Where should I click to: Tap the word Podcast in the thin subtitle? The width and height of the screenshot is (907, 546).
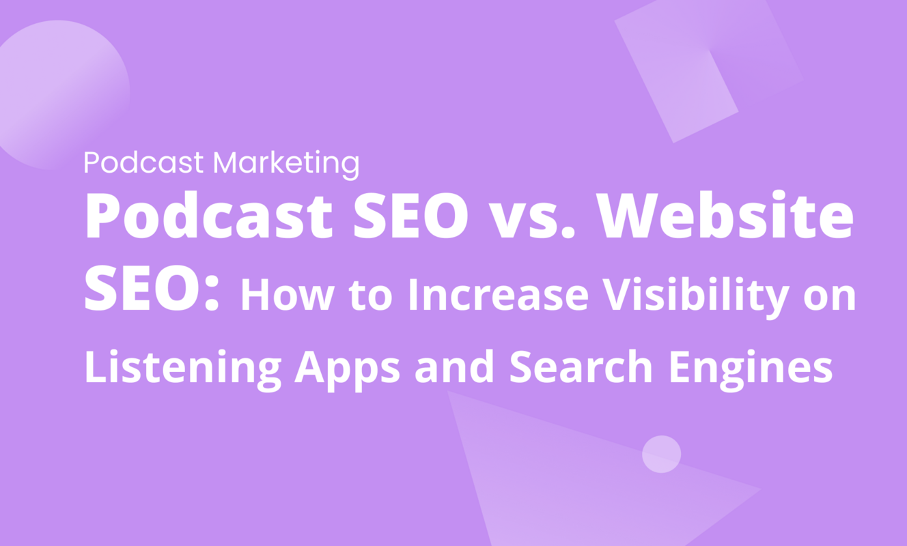click(143, 163)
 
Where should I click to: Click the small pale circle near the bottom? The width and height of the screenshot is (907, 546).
click(661, 454)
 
